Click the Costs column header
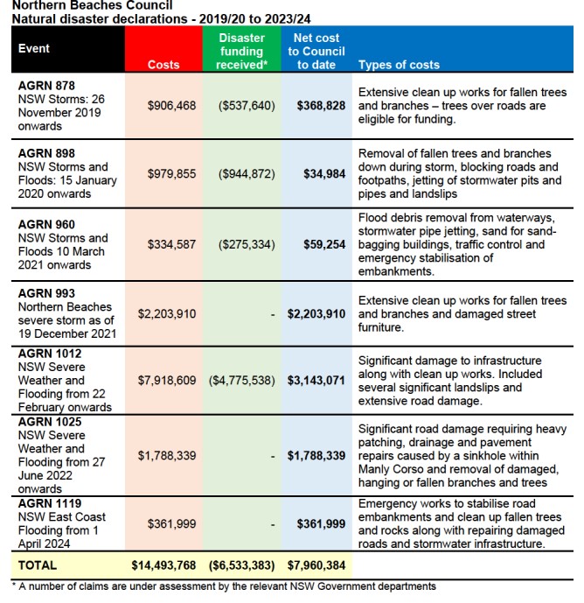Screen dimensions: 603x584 (163, 65)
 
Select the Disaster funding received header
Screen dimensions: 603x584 (241, 52)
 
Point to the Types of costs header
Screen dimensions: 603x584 (399, 65)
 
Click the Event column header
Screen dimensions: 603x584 (34, 48)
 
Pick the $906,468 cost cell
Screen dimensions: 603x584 (171, 105)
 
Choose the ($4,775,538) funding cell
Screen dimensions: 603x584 (242, 381)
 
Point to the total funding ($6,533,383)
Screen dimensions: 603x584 (242, 565)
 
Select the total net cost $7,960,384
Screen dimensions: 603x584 (316, 565)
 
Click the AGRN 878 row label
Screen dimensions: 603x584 (47, 85)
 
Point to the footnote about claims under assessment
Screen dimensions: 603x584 (223, 586)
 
